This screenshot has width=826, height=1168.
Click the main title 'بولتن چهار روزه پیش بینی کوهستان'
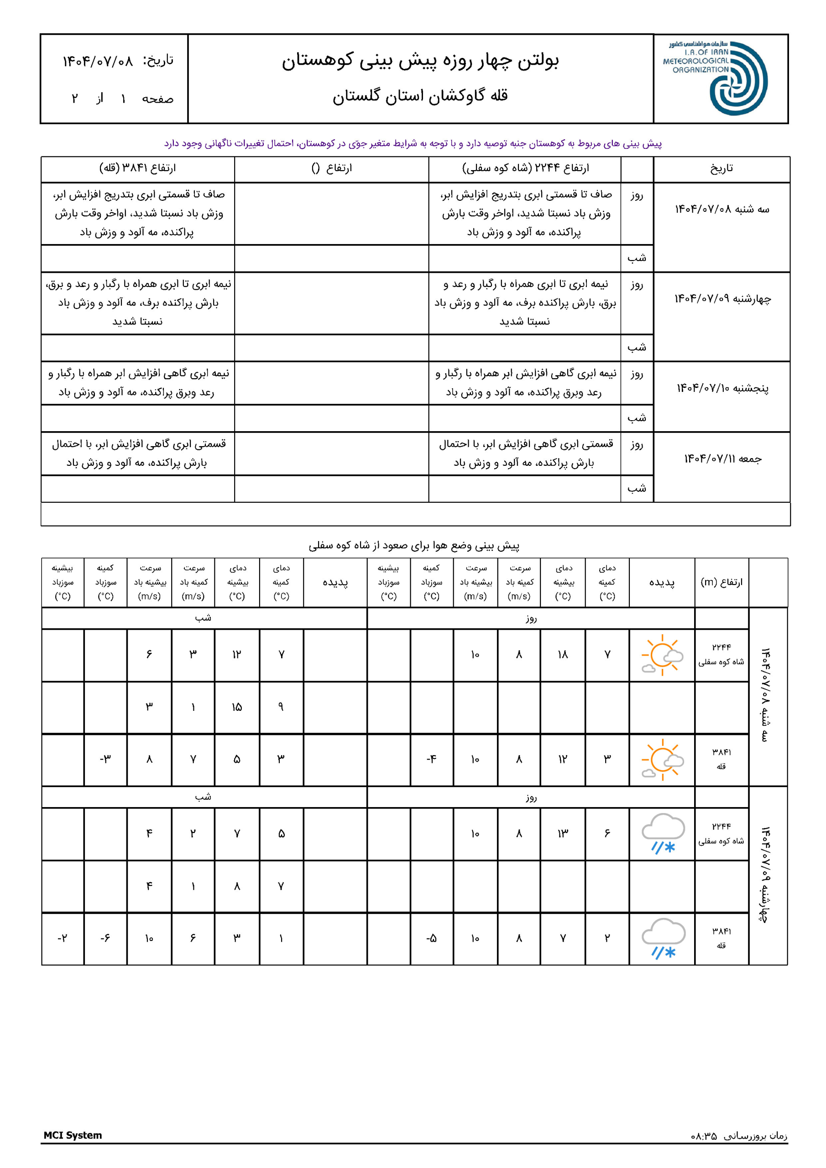click(x=420, y=61)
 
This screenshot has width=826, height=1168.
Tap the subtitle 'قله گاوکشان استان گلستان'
click(x=420, y=96)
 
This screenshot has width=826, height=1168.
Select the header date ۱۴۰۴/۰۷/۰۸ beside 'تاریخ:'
click(x=98, y=62)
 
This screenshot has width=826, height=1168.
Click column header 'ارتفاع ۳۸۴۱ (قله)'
click(x=137, y=168)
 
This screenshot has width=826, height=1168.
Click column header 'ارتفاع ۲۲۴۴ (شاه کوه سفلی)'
click(x=525, y=168)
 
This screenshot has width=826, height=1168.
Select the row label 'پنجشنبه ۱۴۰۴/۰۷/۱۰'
click(x=722, y=389)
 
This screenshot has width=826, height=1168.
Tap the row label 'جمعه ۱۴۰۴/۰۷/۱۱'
click(x=722, y=459)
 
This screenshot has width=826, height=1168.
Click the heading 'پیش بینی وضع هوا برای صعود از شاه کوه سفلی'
click(x=414, y=546)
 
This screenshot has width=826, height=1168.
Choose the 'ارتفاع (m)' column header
click(x=721, y=582)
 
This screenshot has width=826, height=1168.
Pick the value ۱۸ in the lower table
click(x=562, y=655)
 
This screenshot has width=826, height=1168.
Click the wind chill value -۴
click(x=431, y=760)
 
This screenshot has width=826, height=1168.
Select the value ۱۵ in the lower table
click(x=237, y=707)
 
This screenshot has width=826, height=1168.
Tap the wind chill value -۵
click(x=431, y=939)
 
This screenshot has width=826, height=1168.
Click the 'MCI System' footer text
click(x=73, y=1136)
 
